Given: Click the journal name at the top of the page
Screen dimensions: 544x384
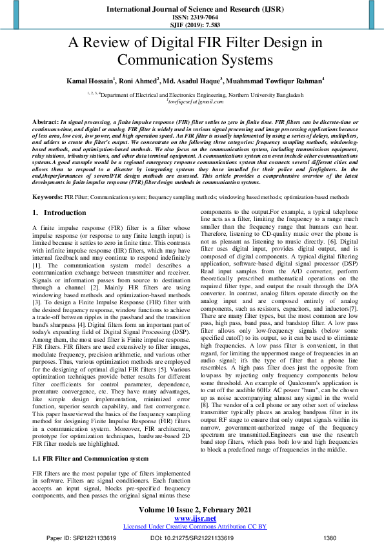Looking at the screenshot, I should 192,10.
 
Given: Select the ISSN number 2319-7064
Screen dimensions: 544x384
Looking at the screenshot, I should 192,18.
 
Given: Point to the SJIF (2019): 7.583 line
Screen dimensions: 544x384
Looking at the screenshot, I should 192,26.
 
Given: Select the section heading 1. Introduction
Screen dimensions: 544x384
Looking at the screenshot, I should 59,194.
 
